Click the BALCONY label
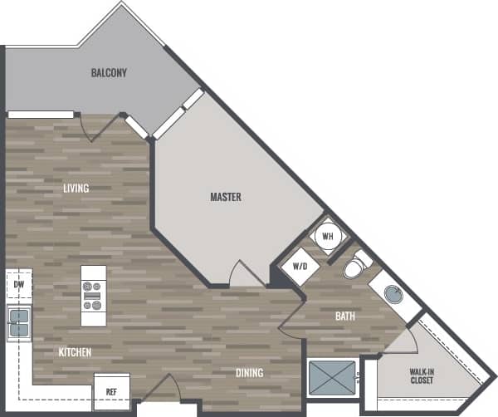coord(109,73)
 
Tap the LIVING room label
coord(76,189)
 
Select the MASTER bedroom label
coord(225,198)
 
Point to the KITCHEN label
coord(75,353)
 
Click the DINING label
coord(248,374)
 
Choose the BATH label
coord(345,316)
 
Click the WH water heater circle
coord(327,236)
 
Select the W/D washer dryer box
coord(300,267)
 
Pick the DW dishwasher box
coord(18,284)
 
